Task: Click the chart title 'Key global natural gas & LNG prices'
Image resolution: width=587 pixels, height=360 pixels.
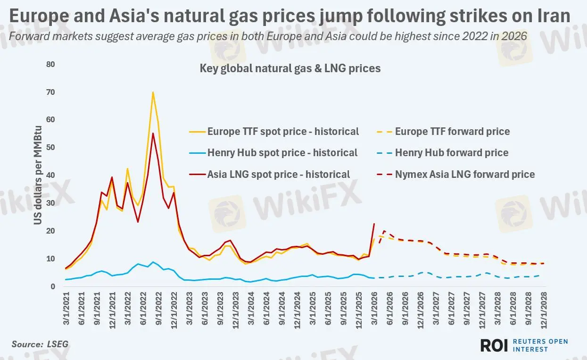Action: (x=290, y=68)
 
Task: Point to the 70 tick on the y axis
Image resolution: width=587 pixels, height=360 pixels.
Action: (x=50, y=92)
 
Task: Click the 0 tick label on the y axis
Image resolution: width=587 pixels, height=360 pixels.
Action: (x=53, y=286)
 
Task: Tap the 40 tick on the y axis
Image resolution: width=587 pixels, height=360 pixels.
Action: (x=50, y=175)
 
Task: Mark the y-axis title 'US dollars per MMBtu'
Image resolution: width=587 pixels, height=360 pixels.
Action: (x=38, y=176)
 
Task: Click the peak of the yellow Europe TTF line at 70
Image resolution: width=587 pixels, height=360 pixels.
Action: (x=153, y=92)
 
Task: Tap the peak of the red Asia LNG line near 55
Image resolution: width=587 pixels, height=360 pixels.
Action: (x=153, y=134)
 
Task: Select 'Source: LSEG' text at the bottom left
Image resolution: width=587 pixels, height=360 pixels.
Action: (x=40, y=344)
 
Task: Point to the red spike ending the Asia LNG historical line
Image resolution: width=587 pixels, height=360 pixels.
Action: (x=374, y=224)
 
